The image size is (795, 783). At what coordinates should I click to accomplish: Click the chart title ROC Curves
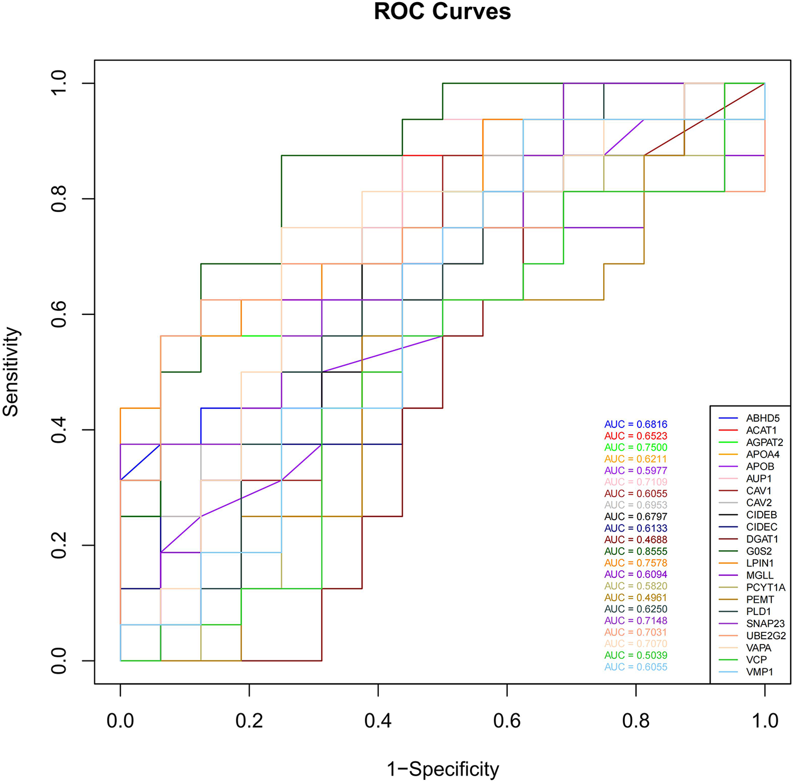[x=442, y=12]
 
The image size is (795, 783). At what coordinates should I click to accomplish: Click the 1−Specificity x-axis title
[x=443, y=769]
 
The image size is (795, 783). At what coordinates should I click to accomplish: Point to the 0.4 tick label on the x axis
[x=378, y=720]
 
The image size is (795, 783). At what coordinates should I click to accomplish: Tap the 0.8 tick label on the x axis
[x=635, y=720]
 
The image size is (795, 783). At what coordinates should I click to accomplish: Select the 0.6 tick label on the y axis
[x=58, y=314]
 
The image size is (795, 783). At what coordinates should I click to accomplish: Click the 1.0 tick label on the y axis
[x=58, y=83]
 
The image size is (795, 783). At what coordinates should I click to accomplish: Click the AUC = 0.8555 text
[x=635, y=551]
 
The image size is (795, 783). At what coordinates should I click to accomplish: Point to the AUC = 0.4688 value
[x=635, y=540]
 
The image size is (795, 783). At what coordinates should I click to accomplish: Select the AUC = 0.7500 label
[x=635, y=447]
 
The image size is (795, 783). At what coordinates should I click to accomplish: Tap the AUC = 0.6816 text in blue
[x=635, y=424]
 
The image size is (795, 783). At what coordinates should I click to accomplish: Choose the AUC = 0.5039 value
[x=635, y=655]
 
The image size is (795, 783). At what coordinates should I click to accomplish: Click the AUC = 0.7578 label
[x=635, y=563]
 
